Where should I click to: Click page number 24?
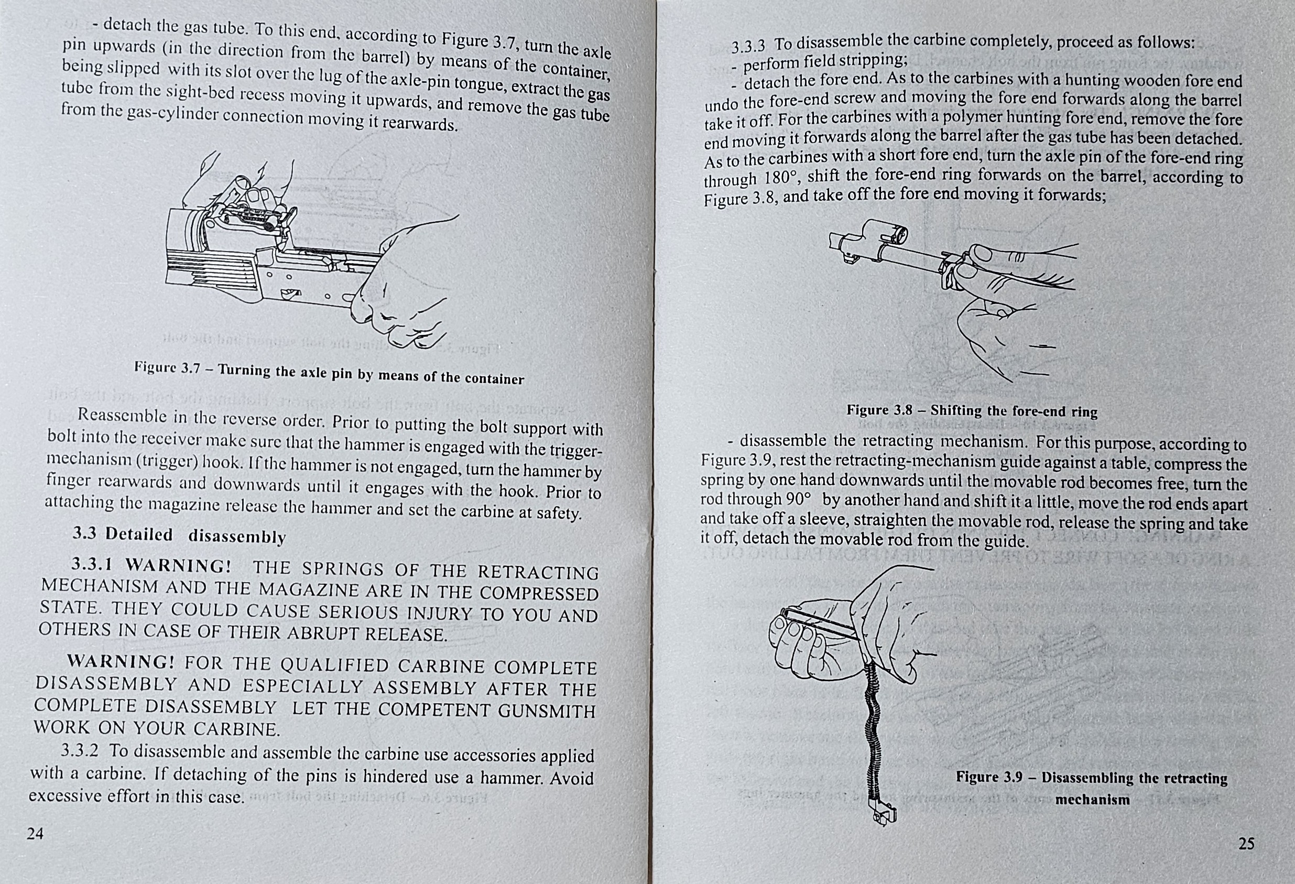(x=35, y=833)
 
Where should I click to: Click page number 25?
(x=1246, y=843)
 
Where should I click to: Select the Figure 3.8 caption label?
(x=972, y=411)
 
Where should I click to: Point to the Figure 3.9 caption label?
(x=1092, y=788)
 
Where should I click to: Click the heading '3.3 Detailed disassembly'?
(x=179, y=536)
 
